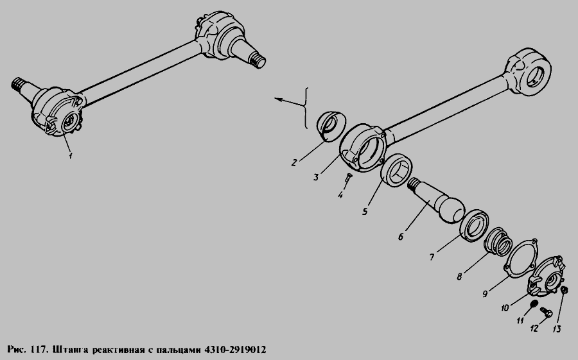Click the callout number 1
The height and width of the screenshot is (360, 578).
point(70,156)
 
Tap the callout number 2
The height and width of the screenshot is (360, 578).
point(293,162)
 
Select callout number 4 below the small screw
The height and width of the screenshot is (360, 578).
point(340,195)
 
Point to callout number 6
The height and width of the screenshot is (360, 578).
point(401,236)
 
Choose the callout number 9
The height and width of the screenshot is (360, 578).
point(486,294)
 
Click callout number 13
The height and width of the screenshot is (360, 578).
point(557,329)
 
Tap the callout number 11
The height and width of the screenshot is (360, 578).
point(520,321)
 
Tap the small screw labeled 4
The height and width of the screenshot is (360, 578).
point(348,178)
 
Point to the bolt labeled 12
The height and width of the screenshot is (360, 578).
point(547,313)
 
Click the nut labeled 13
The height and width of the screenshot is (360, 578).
point(564,291)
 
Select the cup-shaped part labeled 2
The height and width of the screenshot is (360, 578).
point(331,126)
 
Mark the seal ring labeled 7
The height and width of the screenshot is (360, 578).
point(475,226)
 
